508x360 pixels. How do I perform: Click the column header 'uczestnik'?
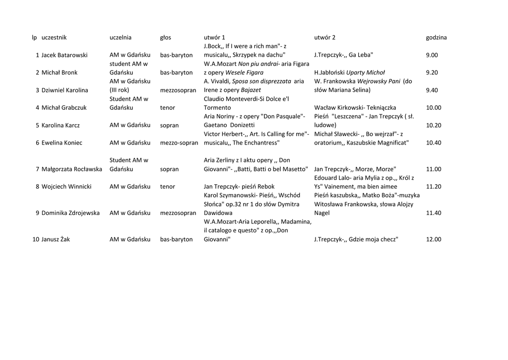[54, 37]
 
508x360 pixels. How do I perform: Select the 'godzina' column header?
[436, 37]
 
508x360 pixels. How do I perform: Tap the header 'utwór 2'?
[324, 37]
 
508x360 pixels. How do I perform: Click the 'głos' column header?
[165, 37]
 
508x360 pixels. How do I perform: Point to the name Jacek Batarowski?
[64, 55]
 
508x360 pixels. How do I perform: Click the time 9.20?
[432, 72]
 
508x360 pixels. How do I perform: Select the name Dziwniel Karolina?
[65, 90]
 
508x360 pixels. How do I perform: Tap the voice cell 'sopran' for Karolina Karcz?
[169, 125]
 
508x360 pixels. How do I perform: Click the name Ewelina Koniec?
[62, 143]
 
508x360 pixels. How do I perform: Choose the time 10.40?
[433, 143]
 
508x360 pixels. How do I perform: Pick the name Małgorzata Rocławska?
[72, 169]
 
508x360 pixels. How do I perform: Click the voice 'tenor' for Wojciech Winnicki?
[168, 187]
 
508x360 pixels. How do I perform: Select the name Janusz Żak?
[56, 239]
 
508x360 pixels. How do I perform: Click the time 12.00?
[433, 239]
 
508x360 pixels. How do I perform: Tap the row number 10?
[36, 239]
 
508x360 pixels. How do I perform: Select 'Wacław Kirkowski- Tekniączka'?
[355, 108]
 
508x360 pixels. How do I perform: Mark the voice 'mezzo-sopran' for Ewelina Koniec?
[179, 143]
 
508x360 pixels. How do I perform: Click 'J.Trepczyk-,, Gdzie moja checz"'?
[356, 239]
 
